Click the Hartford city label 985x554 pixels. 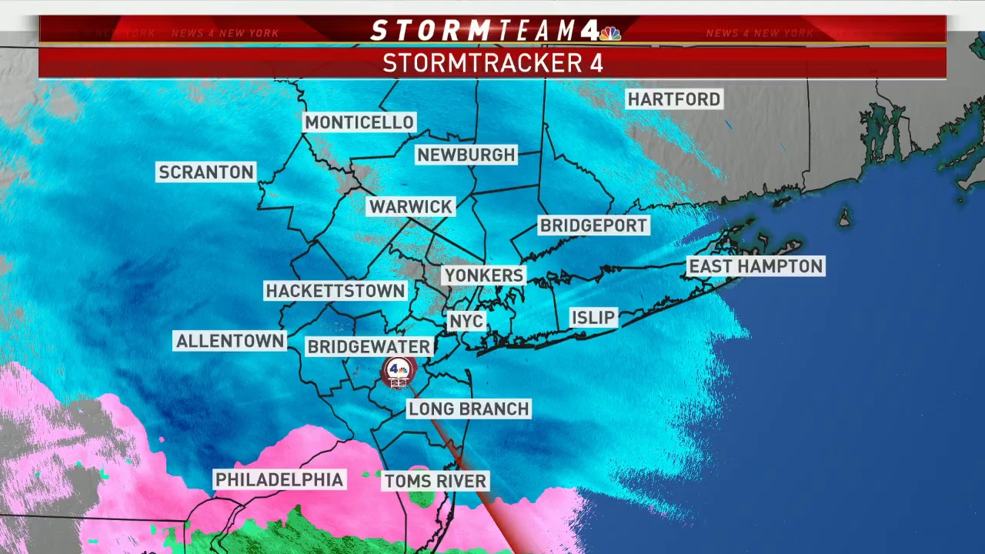click(x=674, y=99)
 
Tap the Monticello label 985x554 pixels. click(x=359, y=122)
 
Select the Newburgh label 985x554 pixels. click(x=466, y=155)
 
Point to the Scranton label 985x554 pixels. click(x=206, y=172)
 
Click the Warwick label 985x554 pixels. click(x=411, y=206)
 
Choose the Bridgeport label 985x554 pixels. click(x=593, y=225)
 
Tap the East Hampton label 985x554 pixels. click(x=756, y=266)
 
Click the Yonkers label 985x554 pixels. click(x=484, y=275)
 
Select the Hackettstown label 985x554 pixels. click(x=335, y=291)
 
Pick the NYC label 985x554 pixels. click(x=466, y=321)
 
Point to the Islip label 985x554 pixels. click(x=593, y=318)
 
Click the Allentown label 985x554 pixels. click(x=230, y=341)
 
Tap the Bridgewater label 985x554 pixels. click(x=369, y=347)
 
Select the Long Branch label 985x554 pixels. click(x=469, y=409)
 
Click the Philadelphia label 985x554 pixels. click(x=279, y=479)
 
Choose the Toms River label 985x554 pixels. click(x=436, y=482)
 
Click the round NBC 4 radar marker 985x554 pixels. click(x=399, y=372)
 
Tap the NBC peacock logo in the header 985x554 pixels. click(x=610, y=32)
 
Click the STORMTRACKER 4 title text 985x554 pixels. click(x=492, y=63)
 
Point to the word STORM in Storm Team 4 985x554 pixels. click(x=430, y=31)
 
